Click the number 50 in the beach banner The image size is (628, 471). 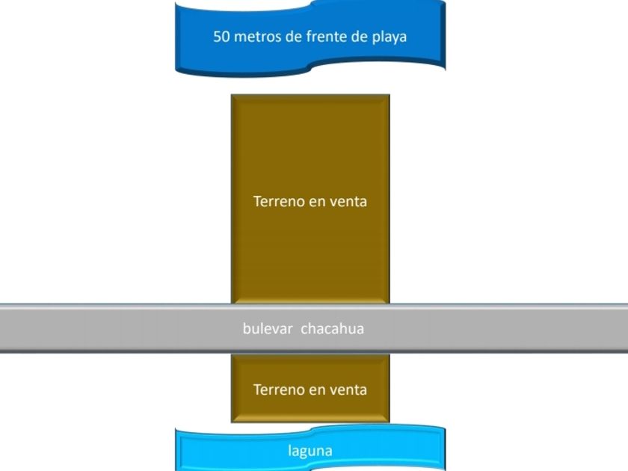(221, 37)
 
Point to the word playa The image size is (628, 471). (390, 37)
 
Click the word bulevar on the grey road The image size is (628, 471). (268, 328)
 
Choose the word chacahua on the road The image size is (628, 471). (333, 328)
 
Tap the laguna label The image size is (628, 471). (310, 451)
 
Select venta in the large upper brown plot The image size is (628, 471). (348, 201)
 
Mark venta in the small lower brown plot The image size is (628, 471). (348, 390)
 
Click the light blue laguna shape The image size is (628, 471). (310, 449)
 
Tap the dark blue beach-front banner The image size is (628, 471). (310, 38)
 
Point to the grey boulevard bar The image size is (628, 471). (314, 328)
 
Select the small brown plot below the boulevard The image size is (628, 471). (310, 388)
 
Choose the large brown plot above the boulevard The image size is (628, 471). (310, 199)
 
